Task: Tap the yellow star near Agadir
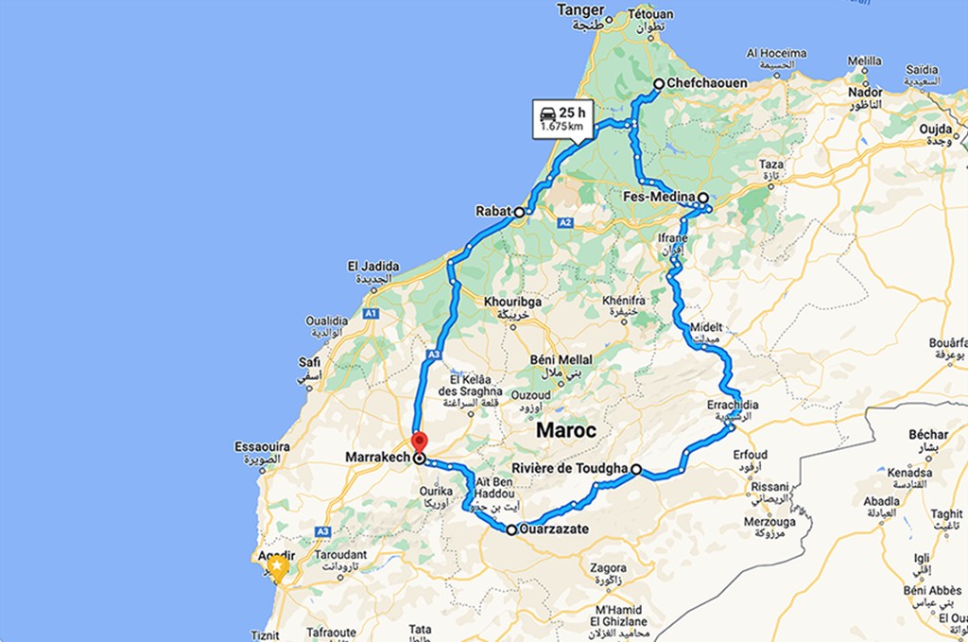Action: coord(277,566)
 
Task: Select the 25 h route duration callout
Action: coord(560,117)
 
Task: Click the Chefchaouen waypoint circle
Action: coord(659,84)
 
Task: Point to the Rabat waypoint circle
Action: coord(519,213)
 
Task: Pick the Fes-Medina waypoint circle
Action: coord(703,199)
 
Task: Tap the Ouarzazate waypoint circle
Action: coord(511,530)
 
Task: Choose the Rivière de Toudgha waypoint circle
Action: coord(637,469)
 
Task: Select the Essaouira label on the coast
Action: coord(262,446)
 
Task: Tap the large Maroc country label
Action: coord(566,430)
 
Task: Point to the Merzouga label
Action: coord(769,521)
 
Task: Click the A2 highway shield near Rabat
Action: coord(565,223)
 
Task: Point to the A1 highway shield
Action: coord(371,313)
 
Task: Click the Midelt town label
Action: coord(706,327)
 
